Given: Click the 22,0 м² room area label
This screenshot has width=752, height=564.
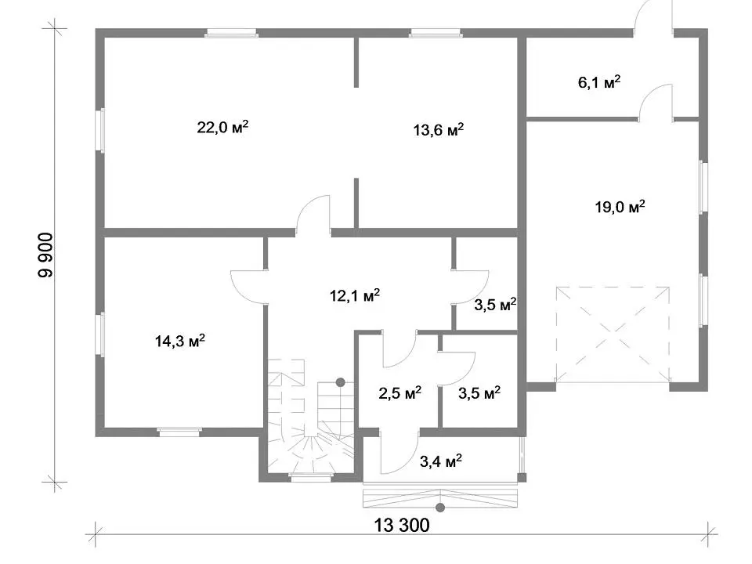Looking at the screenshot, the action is [x=222, y=128].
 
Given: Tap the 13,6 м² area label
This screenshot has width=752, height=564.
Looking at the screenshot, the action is [x=439, y=129].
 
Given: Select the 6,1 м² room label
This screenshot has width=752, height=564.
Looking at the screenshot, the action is [x=599, y=82].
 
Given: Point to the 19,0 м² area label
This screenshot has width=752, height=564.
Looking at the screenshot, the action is [x=620, y=207].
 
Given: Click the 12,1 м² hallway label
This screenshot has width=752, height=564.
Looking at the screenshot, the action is [x=354, y=295].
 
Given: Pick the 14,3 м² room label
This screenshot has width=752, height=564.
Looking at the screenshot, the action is [x=180, y=341].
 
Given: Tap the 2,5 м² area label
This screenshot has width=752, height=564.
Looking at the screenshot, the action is [x=400, y=393].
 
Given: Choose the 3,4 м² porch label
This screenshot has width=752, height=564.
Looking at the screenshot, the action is [x=441, y=461].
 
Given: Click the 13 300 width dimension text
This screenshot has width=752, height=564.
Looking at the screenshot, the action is [x=401, y=525].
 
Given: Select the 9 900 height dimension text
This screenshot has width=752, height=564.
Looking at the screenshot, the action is [x=46, y=255].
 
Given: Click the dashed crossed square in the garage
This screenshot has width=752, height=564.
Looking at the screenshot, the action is [x=613, y=334].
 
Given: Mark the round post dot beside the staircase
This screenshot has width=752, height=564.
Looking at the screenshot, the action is [x=341, y=382].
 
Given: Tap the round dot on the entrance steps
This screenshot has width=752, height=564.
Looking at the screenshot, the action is [x=440, y=508].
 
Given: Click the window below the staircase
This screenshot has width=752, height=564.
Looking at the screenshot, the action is [x=311, y=476].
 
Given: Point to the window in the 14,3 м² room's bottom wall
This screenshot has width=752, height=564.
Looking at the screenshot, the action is [x=179, y=432].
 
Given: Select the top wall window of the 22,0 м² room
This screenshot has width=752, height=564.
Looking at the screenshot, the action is [x=232, y=33].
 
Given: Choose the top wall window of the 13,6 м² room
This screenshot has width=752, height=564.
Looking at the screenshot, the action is [x=436, y=33].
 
